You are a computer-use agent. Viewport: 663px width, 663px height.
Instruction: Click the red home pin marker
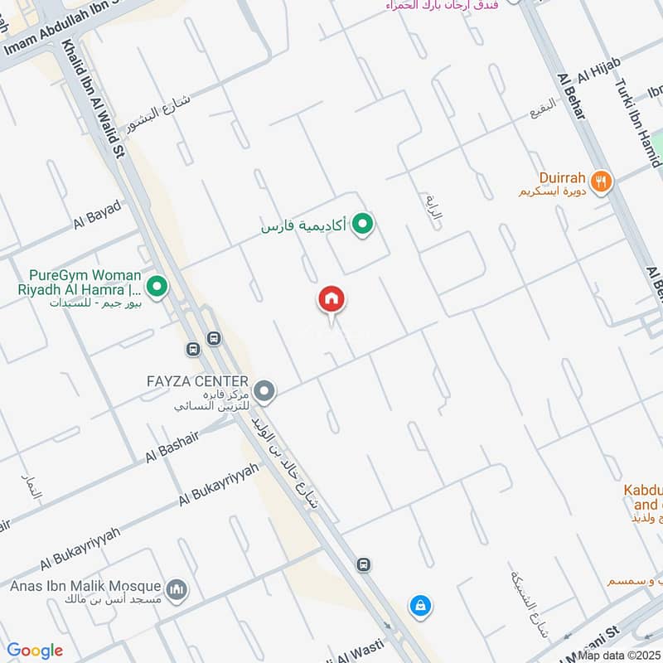point(331,300)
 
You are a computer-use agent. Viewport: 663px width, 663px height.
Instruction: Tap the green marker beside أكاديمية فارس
point(361,224)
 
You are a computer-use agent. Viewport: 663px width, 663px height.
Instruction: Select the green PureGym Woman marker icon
point(157,288)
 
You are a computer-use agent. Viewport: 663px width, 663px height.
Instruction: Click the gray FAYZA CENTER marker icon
point(264,390)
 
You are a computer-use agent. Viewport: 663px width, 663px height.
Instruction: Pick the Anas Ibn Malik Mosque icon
point(176,590)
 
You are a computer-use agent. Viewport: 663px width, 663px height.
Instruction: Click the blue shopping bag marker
point(420,607)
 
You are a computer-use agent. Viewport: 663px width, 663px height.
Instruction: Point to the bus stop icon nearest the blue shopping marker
point(362,565)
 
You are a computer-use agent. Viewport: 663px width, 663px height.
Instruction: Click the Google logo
point(35,651)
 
